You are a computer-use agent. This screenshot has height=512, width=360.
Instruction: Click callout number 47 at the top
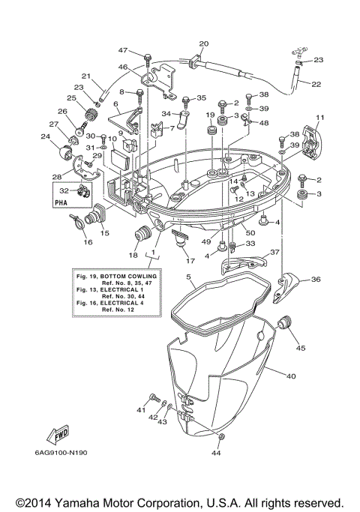pyautogui.click(x=123, y=50)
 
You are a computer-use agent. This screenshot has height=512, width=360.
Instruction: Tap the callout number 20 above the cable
pyautogui.click(x=203, y=43)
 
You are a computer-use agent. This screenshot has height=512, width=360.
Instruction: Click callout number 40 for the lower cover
pyautogui.click(x=291, y=376)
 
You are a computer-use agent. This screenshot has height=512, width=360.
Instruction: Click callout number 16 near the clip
pyautogui.click(x=88, y=243)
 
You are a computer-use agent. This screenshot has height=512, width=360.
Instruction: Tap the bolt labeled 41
pyautogui.click(x=153, y=397)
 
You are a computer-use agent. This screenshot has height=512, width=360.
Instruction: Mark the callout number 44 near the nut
pyautogui.click(x=217, y=454)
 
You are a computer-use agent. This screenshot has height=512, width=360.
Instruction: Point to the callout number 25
pyautogui.click(x=72, y=98)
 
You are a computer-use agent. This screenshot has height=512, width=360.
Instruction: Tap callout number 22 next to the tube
pyautogui.click(x=316, y=84)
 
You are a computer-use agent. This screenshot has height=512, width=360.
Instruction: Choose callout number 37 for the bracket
pyautogui.click(x=274, y=252)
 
